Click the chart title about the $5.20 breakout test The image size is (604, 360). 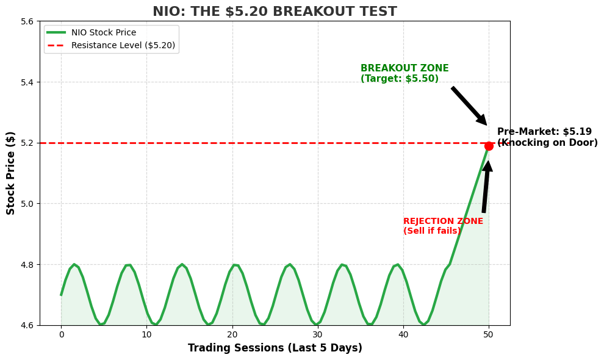tap(275, 12)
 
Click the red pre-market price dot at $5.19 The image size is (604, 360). tap(489, 146)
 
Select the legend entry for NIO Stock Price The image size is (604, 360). tap(103, 33)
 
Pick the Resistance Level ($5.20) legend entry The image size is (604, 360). tap(123, 45)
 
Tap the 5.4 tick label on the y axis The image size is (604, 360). tap(27, 82)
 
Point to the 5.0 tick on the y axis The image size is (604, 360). tap(27, 204)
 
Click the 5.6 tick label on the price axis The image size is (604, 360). tap(27, 21)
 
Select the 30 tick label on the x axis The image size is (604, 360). tap(317, 334)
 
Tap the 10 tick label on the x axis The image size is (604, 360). tap(146, 334)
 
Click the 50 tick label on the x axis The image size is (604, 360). tap(488, 334)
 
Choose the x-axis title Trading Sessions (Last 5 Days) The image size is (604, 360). tap(275, 348)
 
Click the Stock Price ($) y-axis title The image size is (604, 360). tap(11, 173)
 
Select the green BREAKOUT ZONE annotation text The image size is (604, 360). tap(404, 69)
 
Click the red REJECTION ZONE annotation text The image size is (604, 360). tap(443, 221)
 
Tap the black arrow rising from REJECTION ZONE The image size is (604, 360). tap(486, 187)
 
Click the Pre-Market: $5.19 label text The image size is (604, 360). tap(544, 132)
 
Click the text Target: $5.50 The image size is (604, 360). tap(400, 79)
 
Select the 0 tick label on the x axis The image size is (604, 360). tap(61, 334)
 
